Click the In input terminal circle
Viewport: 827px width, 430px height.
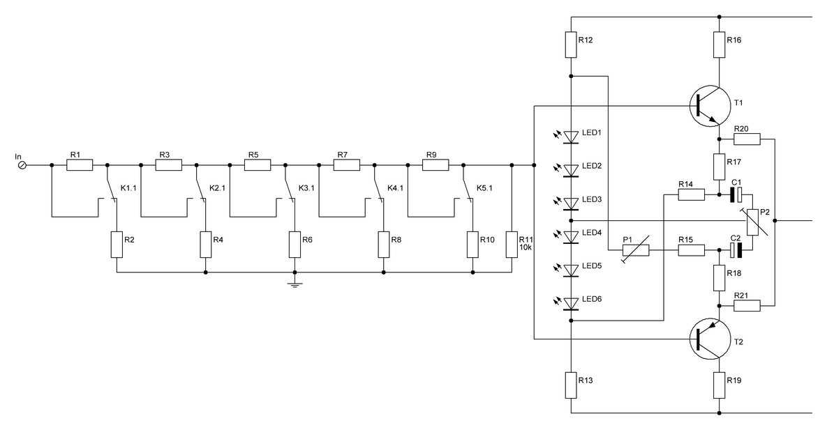[x=22, y=165]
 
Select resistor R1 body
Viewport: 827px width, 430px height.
[x=80, y=165]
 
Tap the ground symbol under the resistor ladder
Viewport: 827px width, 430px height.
[x=295, y=285]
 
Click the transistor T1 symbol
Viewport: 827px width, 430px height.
[x=710, y=105]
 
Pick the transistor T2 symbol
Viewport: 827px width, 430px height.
[x=710, y=339]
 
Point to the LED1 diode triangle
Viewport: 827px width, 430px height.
[x=571, y=137]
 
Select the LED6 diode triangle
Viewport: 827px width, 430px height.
[x=571, y=304]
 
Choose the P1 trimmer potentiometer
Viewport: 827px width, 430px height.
[x=636, y=250]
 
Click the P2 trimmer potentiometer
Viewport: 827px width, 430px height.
[x=754, y=222]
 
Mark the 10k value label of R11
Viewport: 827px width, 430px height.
[x=526, y=247]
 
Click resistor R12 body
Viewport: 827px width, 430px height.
[x=571, y=45]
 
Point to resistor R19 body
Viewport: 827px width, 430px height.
[x=719, y=385]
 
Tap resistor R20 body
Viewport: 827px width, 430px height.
[x=747, y=139]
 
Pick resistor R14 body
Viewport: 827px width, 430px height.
[x=691, y=195]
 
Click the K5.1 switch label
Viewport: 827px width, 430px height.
[x=484, y=188]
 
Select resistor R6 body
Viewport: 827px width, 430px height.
[x=295, y=245]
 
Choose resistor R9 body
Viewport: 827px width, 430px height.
[x=435, y=165]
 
